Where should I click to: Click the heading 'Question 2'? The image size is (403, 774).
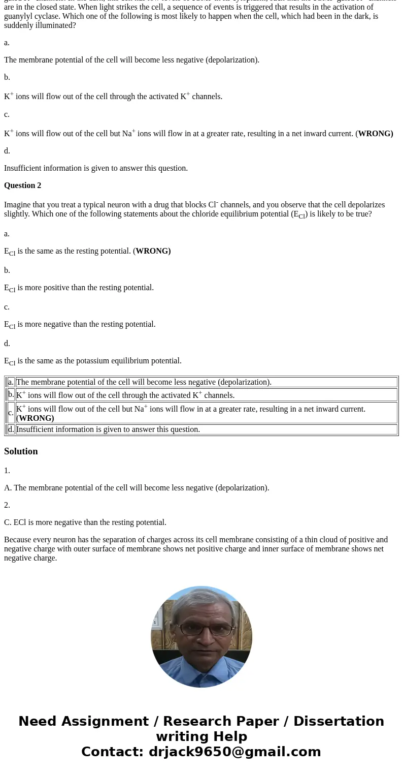tap(22, 185)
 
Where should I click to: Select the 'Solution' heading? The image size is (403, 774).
tap(21, 451)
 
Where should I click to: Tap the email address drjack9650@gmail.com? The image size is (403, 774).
tap(234, 752)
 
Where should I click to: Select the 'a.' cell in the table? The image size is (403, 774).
tap(11, 382)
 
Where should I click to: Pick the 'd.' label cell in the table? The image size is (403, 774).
tap(11, 429)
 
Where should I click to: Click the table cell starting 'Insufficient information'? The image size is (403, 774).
tap(108, 429)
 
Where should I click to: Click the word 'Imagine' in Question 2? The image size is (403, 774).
tap(19, 205)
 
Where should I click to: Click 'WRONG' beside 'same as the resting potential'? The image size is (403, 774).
tap(153, 251)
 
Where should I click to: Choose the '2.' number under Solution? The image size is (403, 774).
tap(7, 505)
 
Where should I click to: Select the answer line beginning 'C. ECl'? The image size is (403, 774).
tap(85, 522)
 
